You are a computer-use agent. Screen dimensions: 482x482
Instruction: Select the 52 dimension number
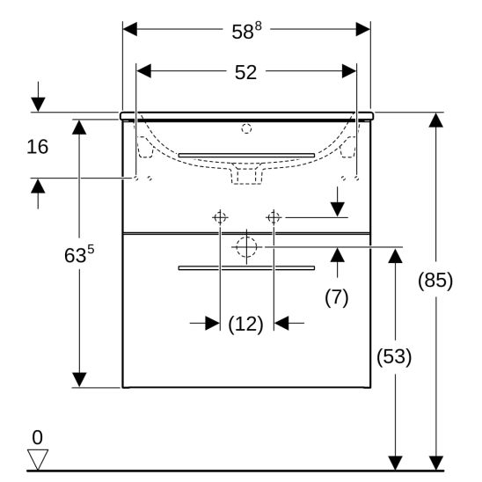(x=245, y=72)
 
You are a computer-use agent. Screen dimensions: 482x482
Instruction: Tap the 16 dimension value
(x=38, y=147)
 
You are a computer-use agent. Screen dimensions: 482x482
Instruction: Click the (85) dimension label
(x=435, y=281)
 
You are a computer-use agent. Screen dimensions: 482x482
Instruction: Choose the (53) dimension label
(x=394, y=356)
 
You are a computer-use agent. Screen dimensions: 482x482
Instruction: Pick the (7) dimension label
(x=337, y=297)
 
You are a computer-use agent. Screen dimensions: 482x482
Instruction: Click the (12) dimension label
(x=245, y=324)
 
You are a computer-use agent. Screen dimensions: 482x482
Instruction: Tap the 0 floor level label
(x=38, y=437)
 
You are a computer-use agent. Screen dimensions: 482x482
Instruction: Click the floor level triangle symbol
(x=38, y=459)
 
